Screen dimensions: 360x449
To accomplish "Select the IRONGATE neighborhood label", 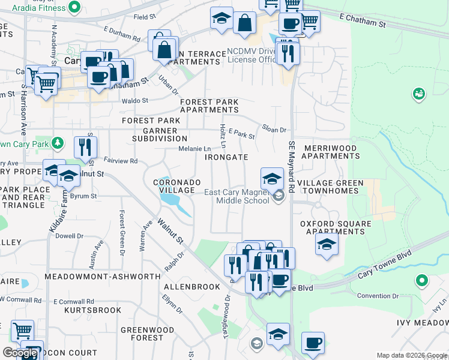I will point(226,157).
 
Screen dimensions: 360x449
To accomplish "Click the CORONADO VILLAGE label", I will point(174,186).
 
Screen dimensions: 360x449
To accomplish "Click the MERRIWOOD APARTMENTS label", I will point(330,152).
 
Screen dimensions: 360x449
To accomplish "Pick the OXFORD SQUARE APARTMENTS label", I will point(336,228).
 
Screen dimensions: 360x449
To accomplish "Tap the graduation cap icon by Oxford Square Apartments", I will point(327,244).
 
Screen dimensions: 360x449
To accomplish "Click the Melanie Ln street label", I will point(195,148).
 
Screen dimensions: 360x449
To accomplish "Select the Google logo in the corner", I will point(20,353).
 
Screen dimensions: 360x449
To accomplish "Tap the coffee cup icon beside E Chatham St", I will point(290,23).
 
